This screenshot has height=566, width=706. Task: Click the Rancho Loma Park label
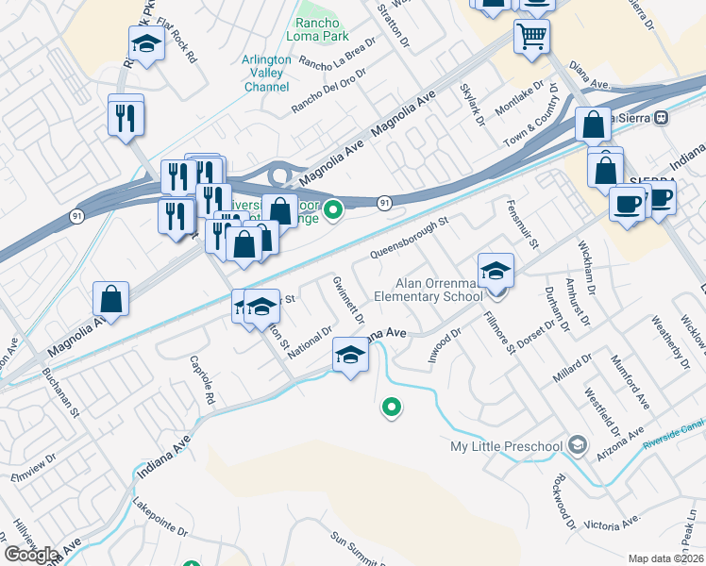[323, 30]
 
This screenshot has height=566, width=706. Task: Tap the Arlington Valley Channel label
[266, 73]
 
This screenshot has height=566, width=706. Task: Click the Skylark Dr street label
[472, 105]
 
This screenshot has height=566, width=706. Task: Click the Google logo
[31, 555]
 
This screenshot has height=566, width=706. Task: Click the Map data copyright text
[665, 558]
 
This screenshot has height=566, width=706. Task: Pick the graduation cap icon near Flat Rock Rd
[146, 43]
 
